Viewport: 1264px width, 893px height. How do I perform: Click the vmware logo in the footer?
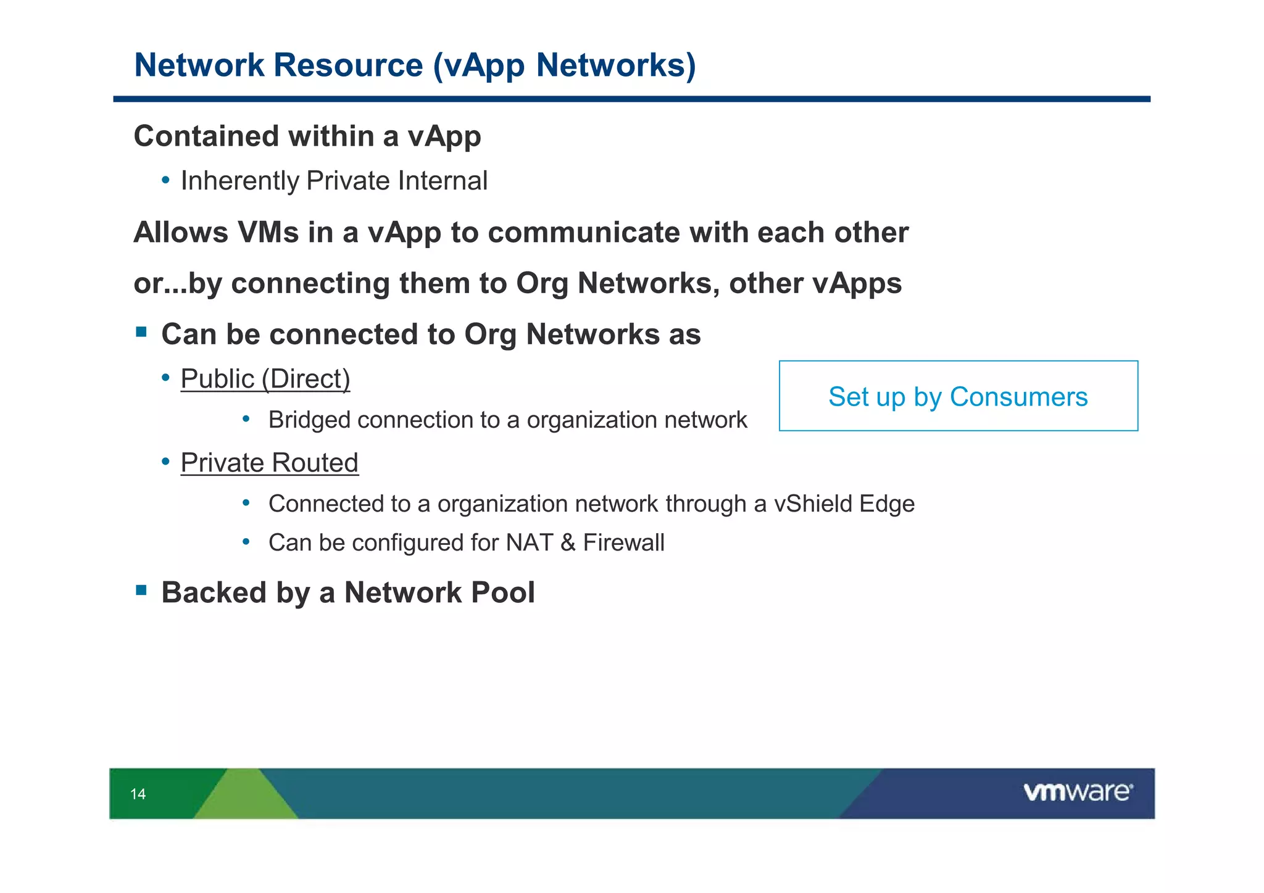[1078, 792]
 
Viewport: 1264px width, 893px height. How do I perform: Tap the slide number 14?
[138, 794]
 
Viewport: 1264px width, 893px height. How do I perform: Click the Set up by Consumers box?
[958, 396]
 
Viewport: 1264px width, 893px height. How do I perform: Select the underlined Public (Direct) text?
[265, 379]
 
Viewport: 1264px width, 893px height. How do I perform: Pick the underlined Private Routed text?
[269, 463]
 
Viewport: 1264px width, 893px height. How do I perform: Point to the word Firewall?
[623, 543]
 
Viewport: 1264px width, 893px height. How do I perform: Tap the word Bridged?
[310, 420]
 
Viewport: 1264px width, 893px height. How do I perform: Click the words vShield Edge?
[844, 504]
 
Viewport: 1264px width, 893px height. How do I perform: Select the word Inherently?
[239, 181]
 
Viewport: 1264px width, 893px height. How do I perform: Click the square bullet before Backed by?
[141, 591]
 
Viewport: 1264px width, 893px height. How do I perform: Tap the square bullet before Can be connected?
[141, 333]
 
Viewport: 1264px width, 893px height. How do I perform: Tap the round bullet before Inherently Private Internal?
[165, 181]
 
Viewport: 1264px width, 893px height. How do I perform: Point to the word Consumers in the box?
[1018, 397]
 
